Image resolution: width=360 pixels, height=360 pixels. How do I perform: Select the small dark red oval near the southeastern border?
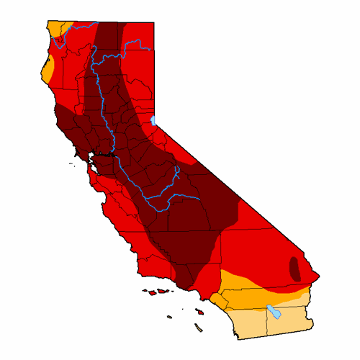[294, 268]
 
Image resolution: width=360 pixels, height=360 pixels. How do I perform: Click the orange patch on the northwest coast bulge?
[48, 71]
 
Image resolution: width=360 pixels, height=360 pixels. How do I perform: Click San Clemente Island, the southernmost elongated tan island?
[198, 329]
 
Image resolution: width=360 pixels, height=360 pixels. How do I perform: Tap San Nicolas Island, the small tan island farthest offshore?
[170, 316]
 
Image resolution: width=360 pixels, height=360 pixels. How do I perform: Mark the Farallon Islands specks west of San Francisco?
[72, 161]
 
